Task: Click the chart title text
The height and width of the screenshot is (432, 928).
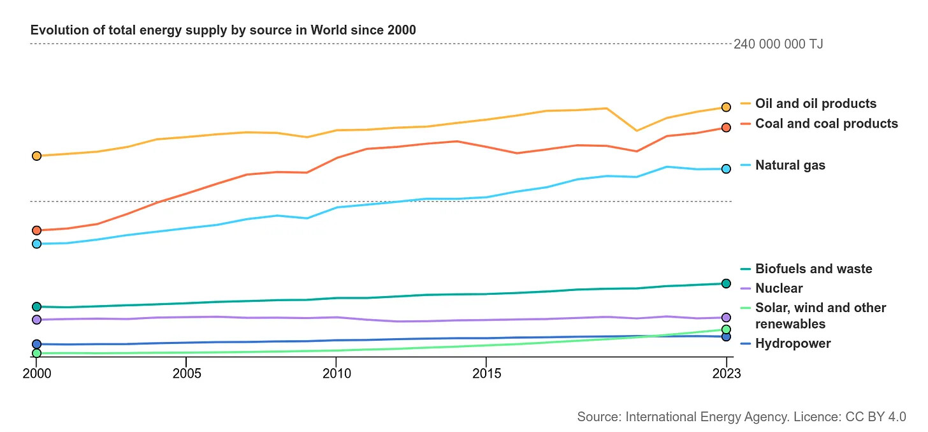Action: pos(223,30)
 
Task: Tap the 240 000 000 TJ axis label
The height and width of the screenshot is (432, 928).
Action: pos(778,44)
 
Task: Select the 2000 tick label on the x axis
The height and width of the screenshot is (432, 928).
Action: pos(36,373)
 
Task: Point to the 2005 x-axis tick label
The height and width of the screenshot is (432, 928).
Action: pos(185,373)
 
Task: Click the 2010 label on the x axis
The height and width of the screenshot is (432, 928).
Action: pos(336,373)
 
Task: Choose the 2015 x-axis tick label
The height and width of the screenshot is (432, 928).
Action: pos(486,373)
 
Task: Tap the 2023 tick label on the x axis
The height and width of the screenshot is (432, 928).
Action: pos(726,373)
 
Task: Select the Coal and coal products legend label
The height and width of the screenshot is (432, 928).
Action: pos(826,123)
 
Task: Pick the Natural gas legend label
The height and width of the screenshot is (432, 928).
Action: pos(790,165)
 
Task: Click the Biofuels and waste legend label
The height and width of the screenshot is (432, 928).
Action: pos(813,269)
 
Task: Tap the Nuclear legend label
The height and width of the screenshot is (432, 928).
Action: pos(779,288)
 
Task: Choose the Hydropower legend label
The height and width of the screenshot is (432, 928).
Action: pos(793,343)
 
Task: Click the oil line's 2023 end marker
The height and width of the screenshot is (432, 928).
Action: pos(726,107)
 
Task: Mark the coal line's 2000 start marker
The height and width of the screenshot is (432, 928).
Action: pos(36,230)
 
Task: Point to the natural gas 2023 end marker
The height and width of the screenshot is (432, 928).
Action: pos(726,169)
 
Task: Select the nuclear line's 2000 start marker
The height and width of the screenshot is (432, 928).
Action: pos(36,320)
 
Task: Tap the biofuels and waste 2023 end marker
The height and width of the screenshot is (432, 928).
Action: pos(726,283)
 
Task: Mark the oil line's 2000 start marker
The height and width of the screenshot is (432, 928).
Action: pos(36,156)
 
